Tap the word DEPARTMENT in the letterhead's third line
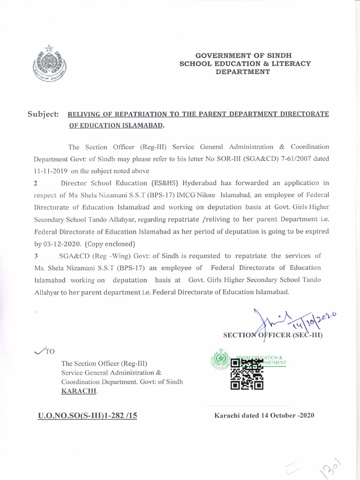tap(242, 72)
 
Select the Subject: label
tap(43, 114)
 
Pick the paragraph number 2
tap(36, 183)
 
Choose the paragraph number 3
tap(36, 256)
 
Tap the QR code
tap(247, 375)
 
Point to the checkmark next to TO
tap(40, 351)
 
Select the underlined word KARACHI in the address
tap(79, 390)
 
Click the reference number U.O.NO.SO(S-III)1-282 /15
tap(87, 415)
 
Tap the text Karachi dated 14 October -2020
tap(264, 415)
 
